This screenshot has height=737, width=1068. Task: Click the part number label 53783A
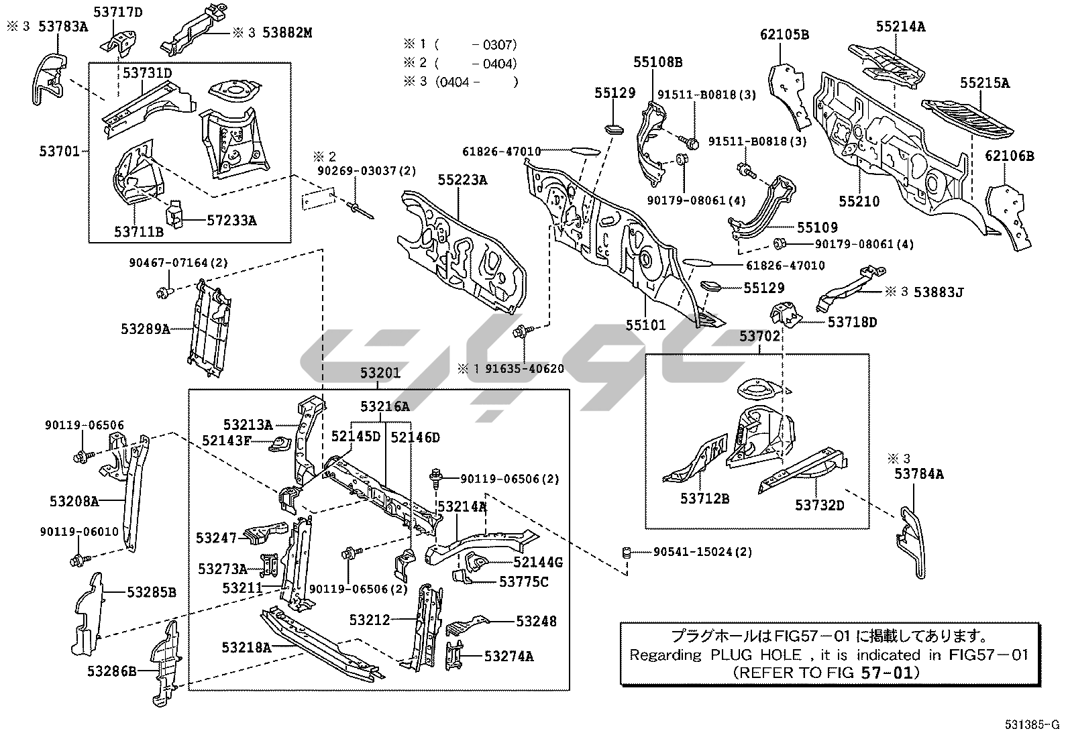tap(63, 27)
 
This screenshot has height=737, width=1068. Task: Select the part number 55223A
tap(463, 180)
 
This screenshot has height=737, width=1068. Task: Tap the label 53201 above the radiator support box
tap(380, 374)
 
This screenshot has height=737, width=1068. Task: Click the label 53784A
tap(918, 474)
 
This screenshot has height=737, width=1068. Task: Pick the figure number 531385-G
tap(1031, 725)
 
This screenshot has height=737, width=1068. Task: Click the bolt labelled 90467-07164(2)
tap(164, 292)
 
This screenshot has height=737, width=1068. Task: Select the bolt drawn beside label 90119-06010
tap(76, 558)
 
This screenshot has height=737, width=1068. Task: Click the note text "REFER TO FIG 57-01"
tap(826, 672)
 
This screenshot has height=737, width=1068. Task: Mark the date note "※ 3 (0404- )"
tap(460, 82)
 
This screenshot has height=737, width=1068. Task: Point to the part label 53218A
tap(246, 647)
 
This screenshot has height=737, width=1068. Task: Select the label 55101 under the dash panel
tap(646, 325)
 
